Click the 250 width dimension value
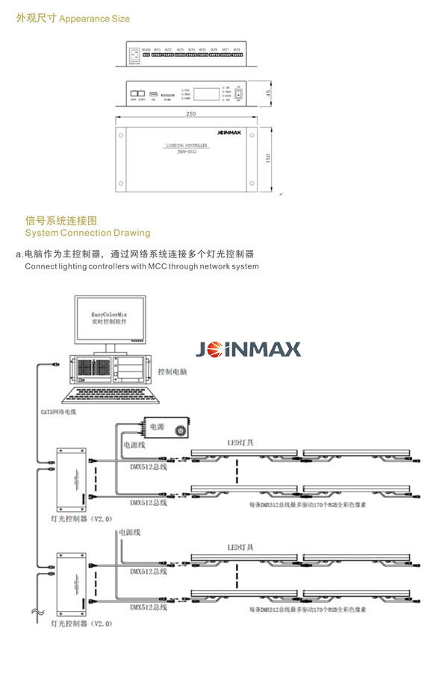pyautogui.click(x=191, y=113)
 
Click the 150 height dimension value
pyautogui.click(x=267, y=160)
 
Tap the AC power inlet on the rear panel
pyautogui.click(x=134, y=54)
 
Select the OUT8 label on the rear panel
pyautogui.click(x=236, y=50)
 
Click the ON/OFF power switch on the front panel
pyautogui.click(x=239, y=94)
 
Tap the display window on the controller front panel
pyautogui.click(x=211, y=95)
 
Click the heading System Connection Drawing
pyautogui.click(x=87, y=233)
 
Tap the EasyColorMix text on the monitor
pyautogui.click(x=109, y=316)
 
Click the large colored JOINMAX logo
pyautogui.click(x=248, y=349)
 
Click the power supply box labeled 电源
pyautogui.click(x=166, y=428)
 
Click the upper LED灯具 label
pyautogui.click(x=240, y=442)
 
